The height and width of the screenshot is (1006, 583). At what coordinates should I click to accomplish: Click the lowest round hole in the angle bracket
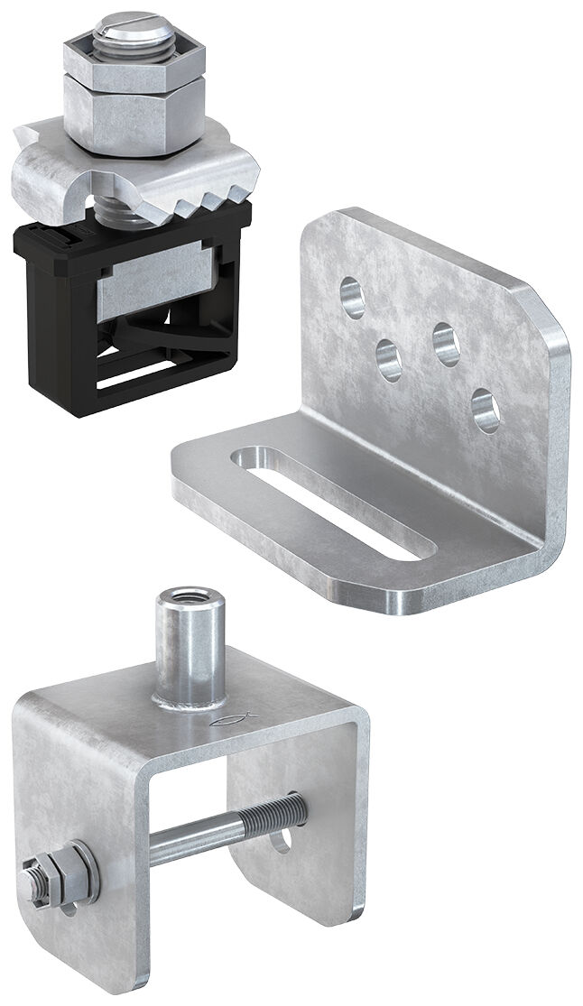(486, 410)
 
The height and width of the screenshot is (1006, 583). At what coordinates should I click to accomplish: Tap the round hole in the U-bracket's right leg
(285, 840)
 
